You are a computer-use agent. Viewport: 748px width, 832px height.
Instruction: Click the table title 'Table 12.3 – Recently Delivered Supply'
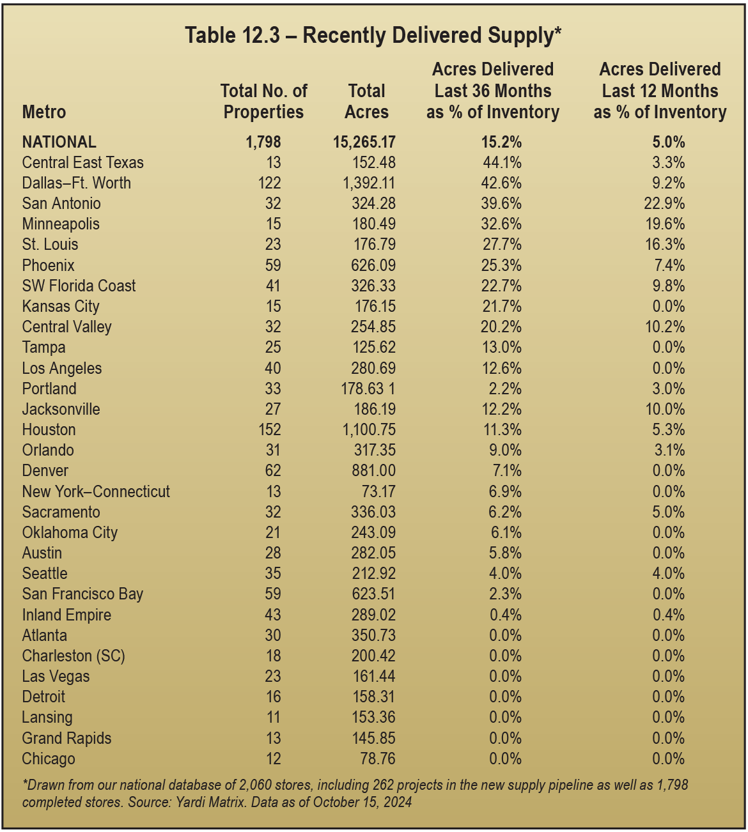pos(373,35)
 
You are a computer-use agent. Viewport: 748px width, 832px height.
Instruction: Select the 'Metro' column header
pos(44,112)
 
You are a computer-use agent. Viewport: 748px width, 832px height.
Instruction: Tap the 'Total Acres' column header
pos(366,102)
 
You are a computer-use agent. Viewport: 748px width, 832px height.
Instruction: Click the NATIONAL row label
pos(59,142)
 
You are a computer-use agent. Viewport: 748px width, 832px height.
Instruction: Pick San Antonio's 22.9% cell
pos(665,203)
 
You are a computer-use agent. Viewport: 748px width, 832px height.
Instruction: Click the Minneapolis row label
pos(61,224)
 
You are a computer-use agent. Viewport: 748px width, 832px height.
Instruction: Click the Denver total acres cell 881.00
pos(374,470)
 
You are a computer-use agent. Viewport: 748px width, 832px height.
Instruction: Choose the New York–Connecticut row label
pos(96,491)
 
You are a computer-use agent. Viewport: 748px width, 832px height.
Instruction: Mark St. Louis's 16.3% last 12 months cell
pos(665,244)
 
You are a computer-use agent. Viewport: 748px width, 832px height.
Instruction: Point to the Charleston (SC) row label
pos(74,656)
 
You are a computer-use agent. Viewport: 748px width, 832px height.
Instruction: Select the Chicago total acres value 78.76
pos(377,759)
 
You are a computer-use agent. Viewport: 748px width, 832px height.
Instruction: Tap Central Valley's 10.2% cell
pos(665,327)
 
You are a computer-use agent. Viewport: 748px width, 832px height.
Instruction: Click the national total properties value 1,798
pos(263,142)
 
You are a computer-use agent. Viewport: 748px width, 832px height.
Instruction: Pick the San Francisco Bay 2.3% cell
pos(505,594)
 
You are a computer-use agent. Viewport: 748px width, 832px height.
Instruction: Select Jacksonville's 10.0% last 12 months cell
pos(665,409)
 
